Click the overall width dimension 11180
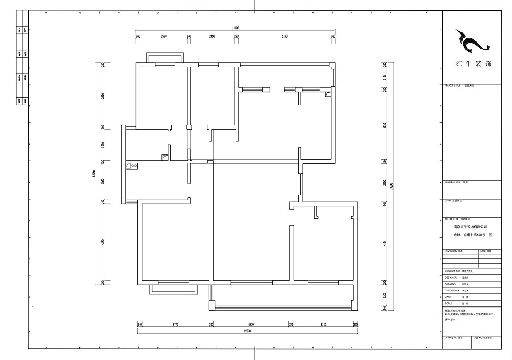click(x=235, y=28)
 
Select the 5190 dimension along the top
click(x=285, y=37)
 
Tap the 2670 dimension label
click(x=163, y=37)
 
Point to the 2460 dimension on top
click(x=212, y=37)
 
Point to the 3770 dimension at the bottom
click(x=175, y=325)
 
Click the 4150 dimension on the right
click(x=384, y=244)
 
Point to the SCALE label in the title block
click(x=449, y=303)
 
